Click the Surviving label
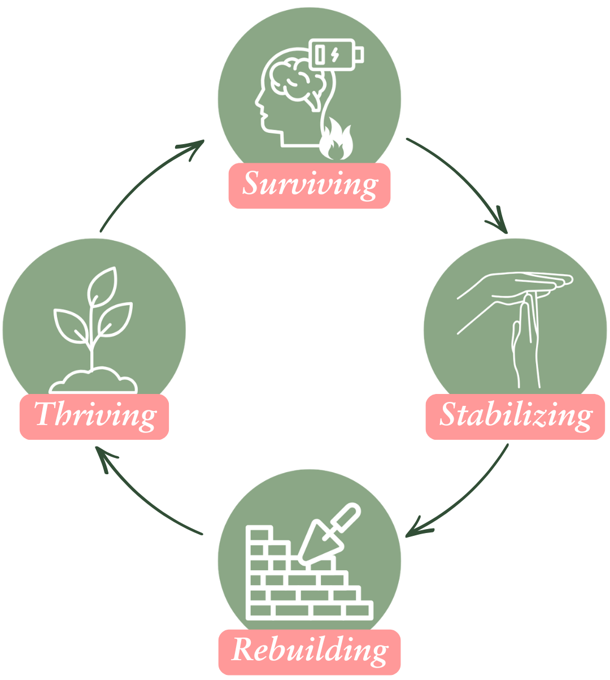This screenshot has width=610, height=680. [x=310, y=185]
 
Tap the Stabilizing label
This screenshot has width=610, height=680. [x=515, y=416]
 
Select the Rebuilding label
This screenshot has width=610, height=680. [x=310, y=650]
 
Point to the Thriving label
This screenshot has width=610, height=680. [x=94, y=416]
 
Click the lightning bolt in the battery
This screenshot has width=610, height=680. [x=335, y=55]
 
